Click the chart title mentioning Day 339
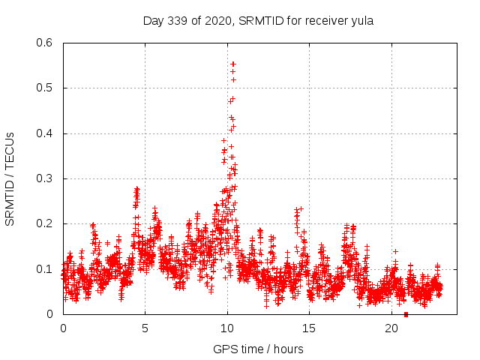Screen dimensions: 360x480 (258, 20)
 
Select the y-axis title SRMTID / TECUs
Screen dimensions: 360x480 (10, 178)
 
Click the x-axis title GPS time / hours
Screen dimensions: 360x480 (258, 349)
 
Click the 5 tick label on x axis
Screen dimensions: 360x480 (145, 328)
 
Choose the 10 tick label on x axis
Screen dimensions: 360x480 (227, 328)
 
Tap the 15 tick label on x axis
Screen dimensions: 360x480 (310, 328)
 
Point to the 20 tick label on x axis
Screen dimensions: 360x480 (391, 328)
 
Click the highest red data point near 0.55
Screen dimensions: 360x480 (233, 64)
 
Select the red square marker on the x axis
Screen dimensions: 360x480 (406, 314)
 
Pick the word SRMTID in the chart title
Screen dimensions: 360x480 (259, 20)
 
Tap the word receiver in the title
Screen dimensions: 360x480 (321, 20)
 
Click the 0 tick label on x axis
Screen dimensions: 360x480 (63, 328)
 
